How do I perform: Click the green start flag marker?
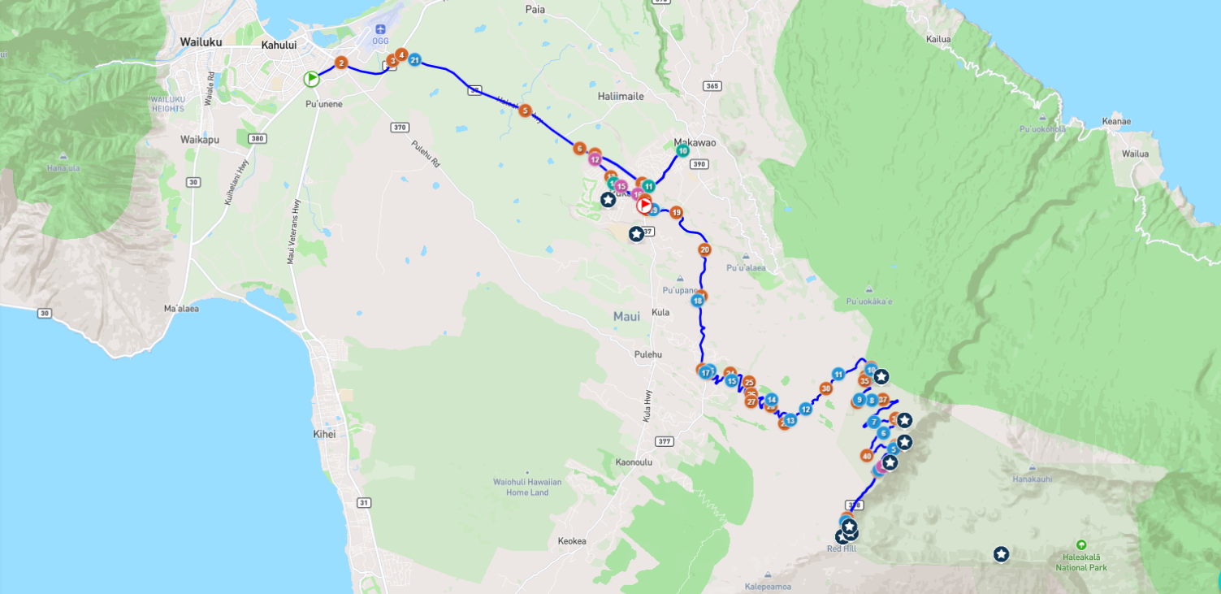coord(311,79)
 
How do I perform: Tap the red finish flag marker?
coord(644,205)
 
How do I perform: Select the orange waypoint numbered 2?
coord(341,63)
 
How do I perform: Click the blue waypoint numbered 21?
coord(414,60)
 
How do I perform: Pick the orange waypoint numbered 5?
coord(525,111)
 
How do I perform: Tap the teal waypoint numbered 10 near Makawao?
coord(682,150)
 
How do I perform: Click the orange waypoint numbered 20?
coord(704,249)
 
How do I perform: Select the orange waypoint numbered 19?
coord(676,213)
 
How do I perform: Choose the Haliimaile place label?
coord(621,96)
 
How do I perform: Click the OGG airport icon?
coord(380,30)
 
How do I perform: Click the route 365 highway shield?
coord(712,86)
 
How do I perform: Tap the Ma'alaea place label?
coord(181,309)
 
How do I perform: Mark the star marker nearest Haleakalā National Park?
coord(1001,554)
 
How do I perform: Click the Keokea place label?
coord(572,541)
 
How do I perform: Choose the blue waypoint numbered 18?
coord(697,301)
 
